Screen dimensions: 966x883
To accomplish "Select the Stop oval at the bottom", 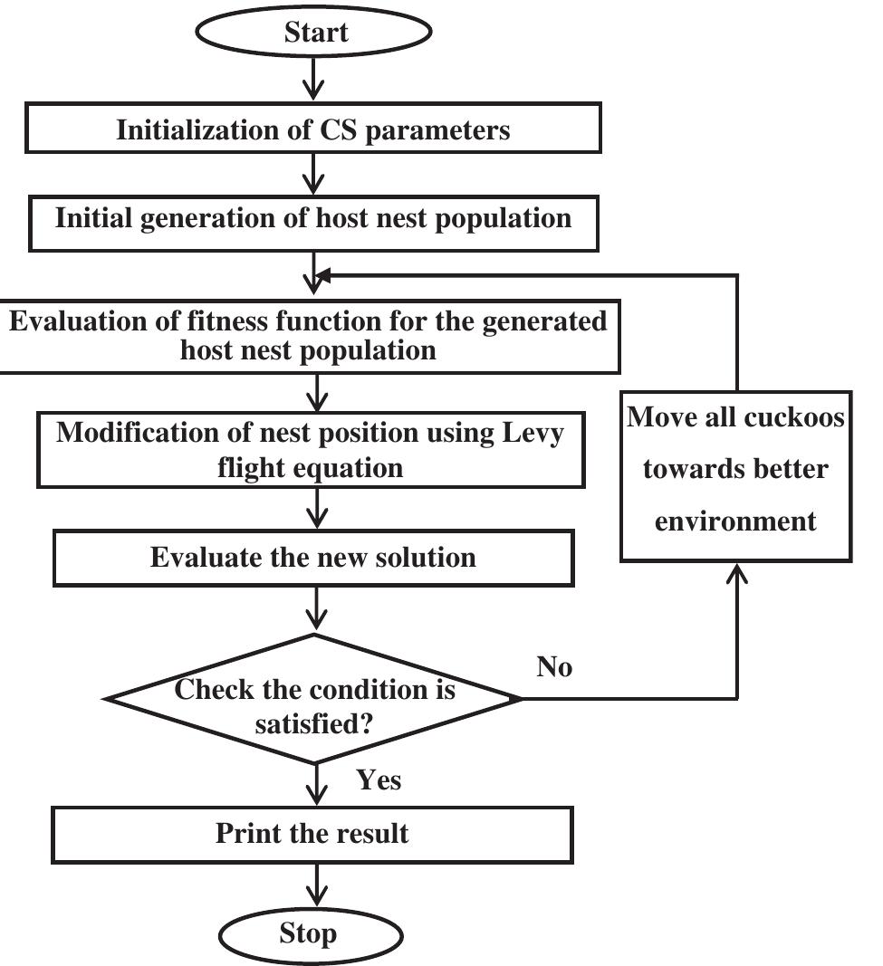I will point(308,933).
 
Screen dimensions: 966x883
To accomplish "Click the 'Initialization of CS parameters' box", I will point(312,130).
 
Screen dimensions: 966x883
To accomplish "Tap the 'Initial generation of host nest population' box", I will point(312,219).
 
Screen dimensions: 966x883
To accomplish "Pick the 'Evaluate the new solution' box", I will point(312,557).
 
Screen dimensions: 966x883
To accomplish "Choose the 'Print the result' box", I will point(312,833).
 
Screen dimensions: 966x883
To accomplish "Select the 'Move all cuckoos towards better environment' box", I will point(735,470).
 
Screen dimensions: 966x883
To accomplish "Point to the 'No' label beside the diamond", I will point(555,668).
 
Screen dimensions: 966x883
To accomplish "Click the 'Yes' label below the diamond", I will point(378,779).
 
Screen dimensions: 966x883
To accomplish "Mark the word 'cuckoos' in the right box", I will point(797,417).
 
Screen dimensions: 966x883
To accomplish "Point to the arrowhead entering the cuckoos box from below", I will point(737,574).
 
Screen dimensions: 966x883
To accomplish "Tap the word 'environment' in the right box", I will point(735,521).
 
